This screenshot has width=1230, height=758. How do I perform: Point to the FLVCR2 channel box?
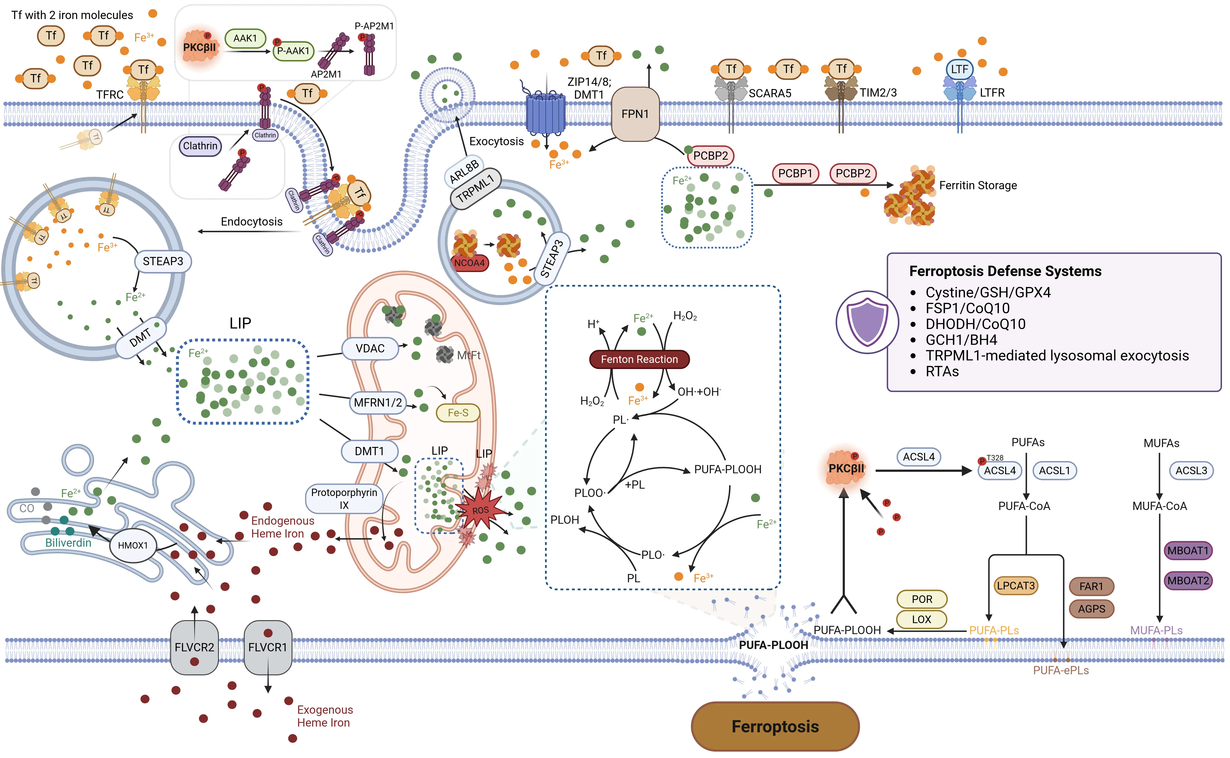click(195, 647)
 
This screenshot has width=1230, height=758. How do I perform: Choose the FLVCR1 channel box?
click(268, 647)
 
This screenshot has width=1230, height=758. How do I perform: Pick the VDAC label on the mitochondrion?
click(370, 348)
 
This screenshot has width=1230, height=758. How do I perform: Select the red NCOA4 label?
click(470, 263)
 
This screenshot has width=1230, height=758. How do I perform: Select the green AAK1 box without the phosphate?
click(245, 38)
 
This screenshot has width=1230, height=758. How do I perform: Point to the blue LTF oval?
click(959, 69)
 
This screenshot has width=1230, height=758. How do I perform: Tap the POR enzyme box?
click(922, 599)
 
